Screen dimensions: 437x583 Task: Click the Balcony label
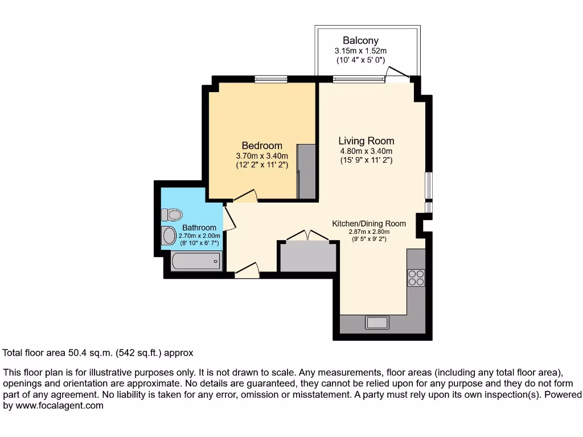(x=360, y=40)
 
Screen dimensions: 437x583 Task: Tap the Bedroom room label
(x=262, y=145)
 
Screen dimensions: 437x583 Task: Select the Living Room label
(x=366, y=141)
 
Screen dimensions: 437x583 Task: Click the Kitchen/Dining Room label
(x=369, y=224)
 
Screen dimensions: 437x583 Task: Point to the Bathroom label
(x=199, y=228)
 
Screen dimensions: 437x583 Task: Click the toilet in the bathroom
(x=172, y=215)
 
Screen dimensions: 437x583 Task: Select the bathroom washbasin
(x=169, y=236)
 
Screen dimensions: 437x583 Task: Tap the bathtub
(x=196, y=262)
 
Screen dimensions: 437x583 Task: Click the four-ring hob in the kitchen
(x=416, y=277)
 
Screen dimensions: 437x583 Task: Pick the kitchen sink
(x=377, y=323)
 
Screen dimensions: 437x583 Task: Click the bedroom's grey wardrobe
(x=307, y=171)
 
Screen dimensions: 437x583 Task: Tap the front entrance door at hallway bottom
(x=247, y=269)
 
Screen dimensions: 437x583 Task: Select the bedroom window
(x=270, y=79)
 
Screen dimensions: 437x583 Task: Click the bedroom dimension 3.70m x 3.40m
(x=262, y=156)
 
